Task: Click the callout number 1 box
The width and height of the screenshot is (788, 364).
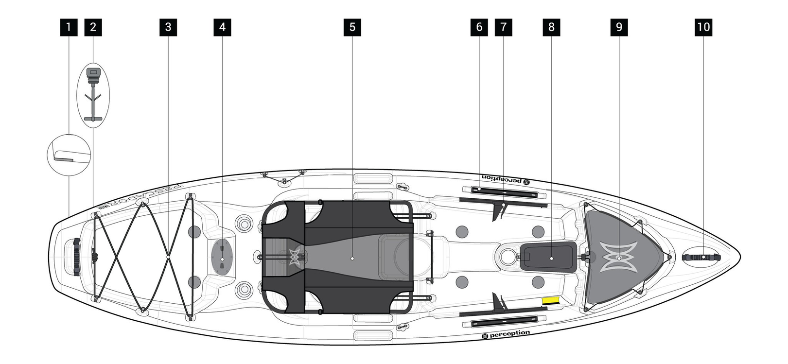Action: (69, 27)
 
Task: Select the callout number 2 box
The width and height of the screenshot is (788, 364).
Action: (93, 27)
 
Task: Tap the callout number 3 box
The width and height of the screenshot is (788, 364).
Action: (168, 27)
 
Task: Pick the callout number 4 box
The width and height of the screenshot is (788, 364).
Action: (222, 27)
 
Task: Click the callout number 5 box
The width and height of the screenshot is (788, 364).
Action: (352, 27)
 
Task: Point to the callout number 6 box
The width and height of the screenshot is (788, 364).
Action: (479, 27)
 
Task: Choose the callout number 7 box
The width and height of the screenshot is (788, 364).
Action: (503, 27)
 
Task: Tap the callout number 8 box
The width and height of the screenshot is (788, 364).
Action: (551, 27)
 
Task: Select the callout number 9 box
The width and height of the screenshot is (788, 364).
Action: (619, 27)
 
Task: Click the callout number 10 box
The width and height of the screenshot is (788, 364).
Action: (703, 27)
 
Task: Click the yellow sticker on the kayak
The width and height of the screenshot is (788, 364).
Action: (551, 301)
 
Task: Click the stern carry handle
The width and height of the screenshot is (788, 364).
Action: (76, 257)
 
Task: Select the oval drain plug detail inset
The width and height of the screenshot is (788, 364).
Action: (94, 95)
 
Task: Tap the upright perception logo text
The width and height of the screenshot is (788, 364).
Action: (506, 334)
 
